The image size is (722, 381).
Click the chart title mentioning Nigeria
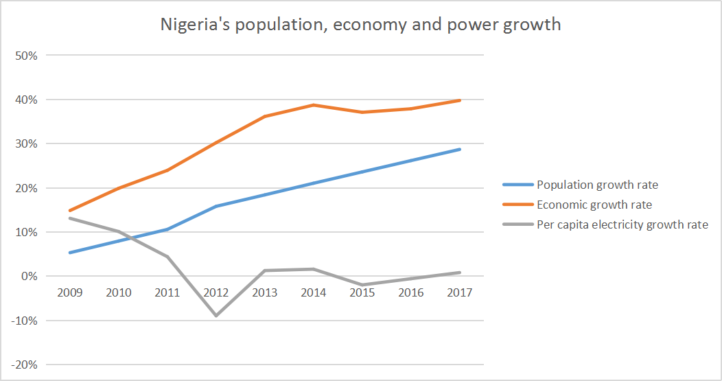[x=360, y=25]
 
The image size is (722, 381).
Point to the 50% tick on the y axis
[x=26, y=56]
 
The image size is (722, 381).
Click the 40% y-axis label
[x=26, y=100]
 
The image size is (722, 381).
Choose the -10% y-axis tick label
[x=24, y=321]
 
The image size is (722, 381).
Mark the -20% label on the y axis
[x=24, y=365]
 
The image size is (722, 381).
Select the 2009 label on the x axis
[x=70, y=292]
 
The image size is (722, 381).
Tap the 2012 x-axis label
[x=216, y=292]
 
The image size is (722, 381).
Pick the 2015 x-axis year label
[x=362, y=292]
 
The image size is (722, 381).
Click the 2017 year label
[x=459, y=292]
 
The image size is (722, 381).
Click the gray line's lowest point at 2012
[x=216, y=316]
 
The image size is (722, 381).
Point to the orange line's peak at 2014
[x=313, y=105]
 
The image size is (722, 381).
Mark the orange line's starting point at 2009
[x=70, y=211]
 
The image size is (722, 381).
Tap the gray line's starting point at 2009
[x=70, y=218]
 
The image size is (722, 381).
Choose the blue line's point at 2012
[x=216, y=206]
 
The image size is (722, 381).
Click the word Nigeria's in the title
[x=191, y=25]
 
